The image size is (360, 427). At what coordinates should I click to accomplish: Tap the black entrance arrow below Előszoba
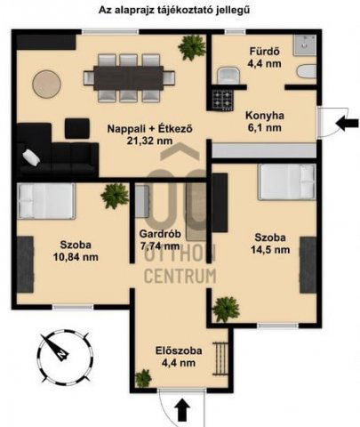(181, 409)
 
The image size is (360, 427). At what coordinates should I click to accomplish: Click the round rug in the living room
(47, 85)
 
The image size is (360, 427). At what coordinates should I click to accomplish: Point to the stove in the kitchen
(222, 97)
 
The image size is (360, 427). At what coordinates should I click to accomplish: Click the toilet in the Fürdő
(305, 71)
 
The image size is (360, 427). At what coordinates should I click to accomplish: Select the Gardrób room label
(161, 236)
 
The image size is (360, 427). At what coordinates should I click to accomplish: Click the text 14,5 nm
(271, 250)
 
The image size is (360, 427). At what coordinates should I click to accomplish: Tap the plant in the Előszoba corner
(142, 378)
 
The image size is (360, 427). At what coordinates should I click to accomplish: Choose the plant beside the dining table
(189, 46)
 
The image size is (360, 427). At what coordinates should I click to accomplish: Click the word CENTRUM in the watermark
(180, 276)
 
